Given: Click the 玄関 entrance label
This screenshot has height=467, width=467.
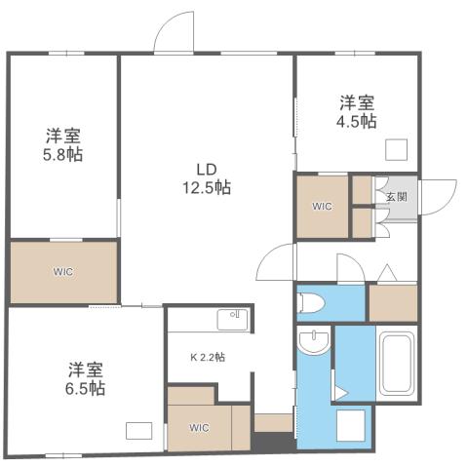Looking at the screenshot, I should click(396, 195).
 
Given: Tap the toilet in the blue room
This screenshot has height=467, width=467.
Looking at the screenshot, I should click(313, 301).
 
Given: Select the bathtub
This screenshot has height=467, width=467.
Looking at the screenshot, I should click(398, 367).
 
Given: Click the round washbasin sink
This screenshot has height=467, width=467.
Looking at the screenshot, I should click(314, 343).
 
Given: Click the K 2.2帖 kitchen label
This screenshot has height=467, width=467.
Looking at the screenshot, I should click(207, 358).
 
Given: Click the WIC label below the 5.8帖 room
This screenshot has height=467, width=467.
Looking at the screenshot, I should click(63, 271).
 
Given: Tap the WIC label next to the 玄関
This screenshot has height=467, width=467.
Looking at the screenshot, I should click(322, 207).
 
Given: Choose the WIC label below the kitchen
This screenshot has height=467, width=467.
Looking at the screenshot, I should click(198, 427).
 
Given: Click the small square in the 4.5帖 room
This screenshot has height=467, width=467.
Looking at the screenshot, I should click(397, 149).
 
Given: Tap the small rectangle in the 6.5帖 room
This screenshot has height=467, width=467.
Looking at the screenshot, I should click(138, 430).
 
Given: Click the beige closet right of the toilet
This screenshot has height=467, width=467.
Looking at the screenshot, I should click(393, 301).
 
